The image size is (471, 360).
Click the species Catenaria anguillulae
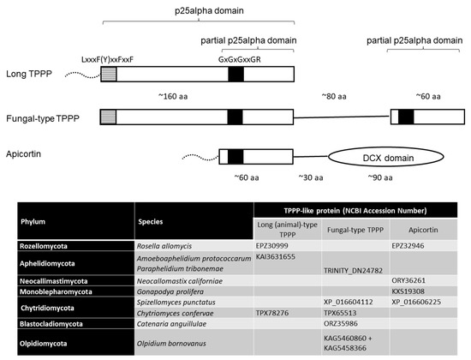pyautogui.click(x=177, y=325)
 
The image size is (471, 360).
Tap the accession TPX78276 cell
pyautogui.click(x=275, y=314)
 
